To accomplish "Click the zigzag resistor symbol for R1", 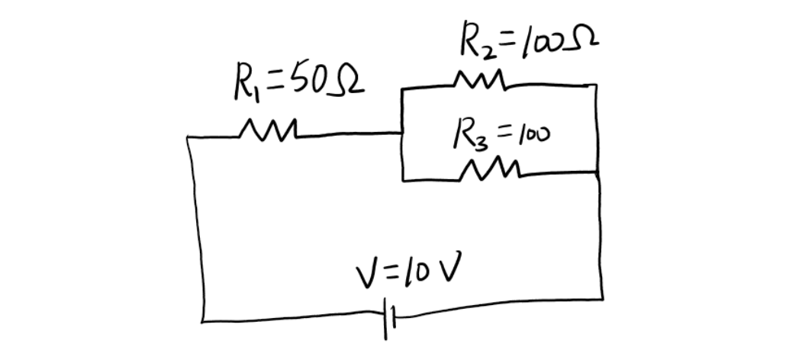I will coord(265,131).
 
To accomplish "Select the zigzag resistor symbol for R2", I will coord(479,79).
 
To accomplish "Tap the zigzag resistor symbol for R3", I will coord(490,169).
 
